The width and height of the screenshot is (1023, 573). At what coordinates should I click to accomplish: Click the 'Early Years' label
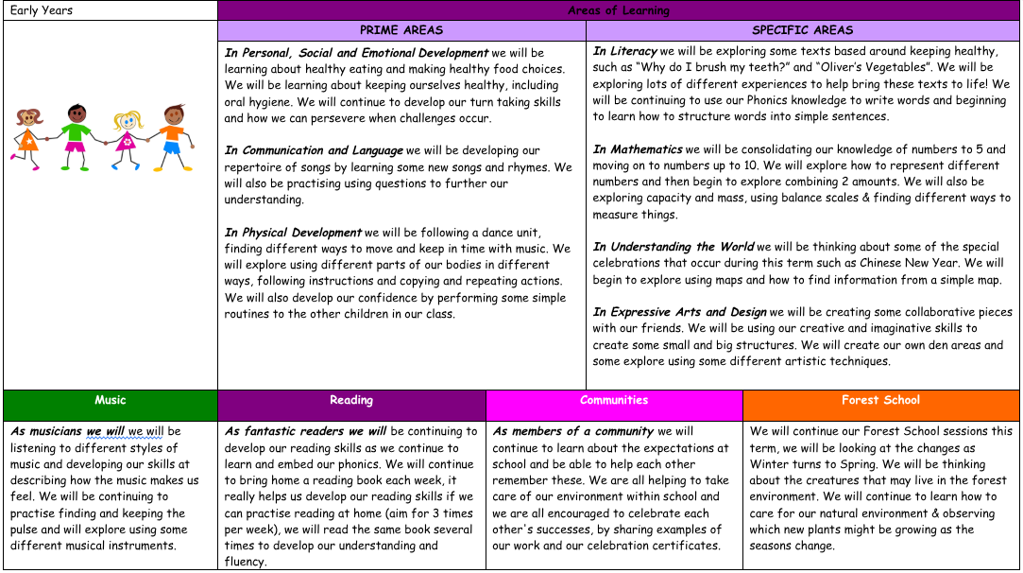point(42,10)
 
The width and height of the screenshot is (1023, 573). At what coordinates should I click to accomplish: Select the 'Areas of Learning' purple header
point(618,10)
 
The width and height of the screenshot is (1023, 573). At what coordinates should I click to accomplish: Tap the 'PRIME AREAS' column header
point(401,30)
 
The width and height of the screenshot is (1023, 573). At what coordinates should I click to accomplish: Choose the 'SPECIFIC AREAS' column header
point(802,30)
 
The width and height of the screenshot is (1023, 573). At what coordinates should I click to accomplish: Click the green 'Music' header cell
point(110,400)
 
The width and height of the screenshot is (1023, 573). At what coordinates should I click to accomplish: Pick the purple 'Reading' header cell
point(351,400)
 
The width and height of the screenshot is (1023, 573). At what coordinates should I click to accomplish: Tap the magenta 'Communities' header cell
point(614,400)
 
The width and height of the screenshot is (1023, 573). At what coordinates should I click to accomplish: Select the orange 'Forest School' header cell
point(880,400)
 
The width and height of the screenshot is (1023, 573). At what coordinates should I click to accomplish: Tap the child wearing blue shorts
point(172,132)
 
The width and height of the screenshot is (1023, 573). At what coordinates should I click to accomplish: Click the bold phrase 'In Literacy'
point(625,51)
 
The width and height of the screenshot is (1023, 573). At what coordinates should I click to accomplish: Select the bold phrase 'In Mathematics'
point(638,149)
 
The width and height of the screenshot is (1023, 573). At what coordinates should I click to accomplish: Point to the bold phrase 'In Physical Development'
point(293,233)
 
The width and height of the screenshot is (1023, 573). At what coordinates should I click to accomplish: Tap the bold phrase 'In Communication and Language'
point(314,150)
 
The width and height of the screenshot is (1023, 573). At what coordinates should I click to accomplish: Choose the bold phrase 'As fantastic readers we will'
point(305,431)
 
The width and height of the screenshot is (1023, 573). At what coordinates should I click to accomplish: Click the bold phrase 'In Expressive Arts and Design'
point(679,312)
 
